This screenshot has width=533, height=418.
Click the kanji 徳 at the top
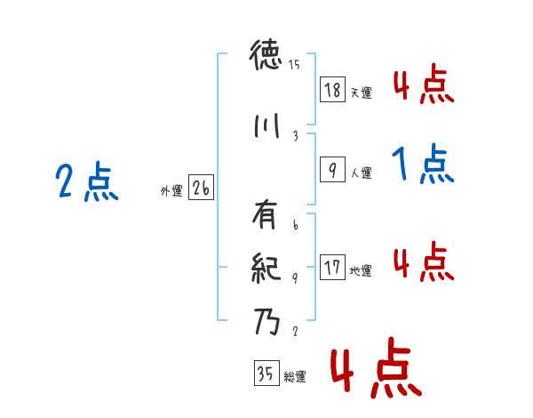click(x=266, y=59)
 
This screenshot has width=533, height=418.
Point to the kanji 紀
click(x=266, y=266)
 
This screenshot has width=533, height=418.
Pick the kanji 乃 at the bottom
click(x=266, y=320)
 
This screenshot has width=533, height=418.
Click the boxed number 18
click(x=332, y=89)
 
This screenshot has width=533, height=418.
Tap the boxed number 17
click(x=332, y=268)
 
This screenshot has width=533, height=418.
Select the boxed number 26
click(x=201, y=188)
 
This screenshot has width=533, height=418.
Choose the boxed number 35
click(x=265, y=374)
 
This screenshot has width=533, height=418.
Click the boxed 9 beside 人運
click(x=332, y=170)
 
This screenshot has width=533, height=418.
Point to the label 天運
click(x=361, y=92)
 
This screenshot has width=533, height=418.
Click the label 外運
click(x=171, y=191)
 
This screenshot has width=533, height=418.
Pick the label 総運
click(x=295, y=377)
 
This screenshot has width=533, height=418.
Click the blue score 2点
click(x=86, y=182)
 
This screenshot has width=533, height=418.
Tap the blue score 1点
click(x=422, y=164)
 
